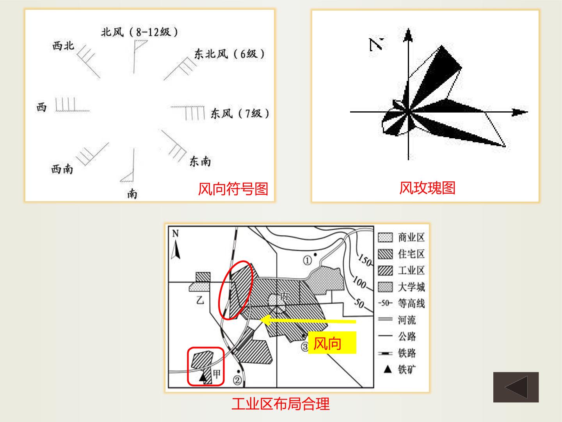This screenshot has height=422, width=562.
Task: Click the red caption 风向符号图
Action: point(233,189)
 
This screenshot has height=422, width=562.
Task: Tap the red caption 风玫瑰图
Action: point(427,188)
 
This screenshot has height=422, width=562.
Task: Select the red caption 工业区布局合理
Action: point(281,404)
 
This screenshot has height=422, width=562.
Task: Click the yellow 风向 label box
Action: point(332,343)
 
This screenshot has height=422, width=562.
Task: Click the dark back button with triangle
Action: point(516,387)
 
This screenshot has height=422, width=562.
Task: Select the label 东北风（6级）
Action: point(229,54)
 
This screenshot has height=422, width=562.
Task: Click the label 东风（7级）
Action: point(240,113)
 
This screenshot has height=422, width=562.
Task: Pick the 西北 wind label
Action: point(63,46)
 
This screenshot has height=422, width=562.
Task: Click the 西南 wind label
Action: point(62,169)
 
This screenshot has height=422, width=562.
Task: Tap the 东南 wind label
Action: point(200,161)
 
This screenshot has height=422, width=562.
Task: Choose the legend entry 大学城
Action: point(402,287)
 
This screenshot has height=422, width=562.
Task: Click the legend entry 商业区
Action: point(402,238)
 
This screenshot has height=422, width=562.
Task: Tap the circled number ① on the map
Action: point(307,261)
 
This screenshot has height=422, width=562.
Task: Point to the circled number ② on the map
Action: point(237,380)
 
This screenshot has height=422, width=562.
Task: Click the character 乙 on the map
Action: point(200,300)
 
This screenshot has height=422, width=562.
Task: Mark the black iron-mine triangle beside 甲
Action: point(203,377)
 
